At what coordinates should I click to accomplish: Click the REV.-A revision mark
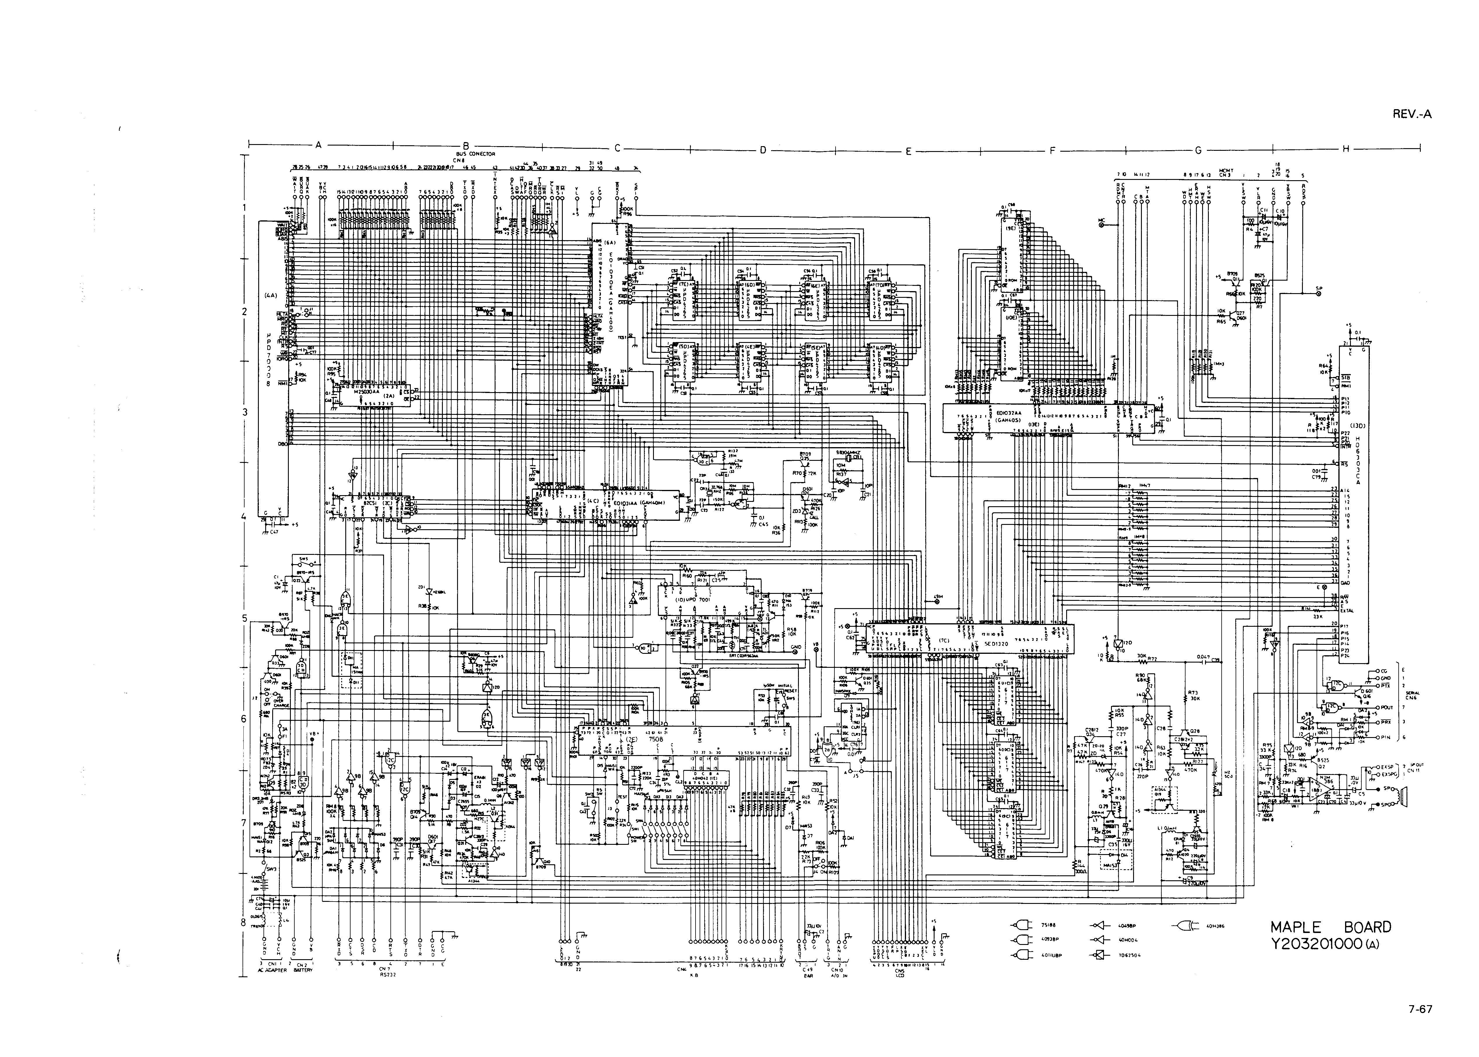pyautogui.click(x=1411, y=115)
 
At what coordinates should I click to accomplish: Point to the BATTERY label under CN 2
pyautogui.click(x=303, y=970)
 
